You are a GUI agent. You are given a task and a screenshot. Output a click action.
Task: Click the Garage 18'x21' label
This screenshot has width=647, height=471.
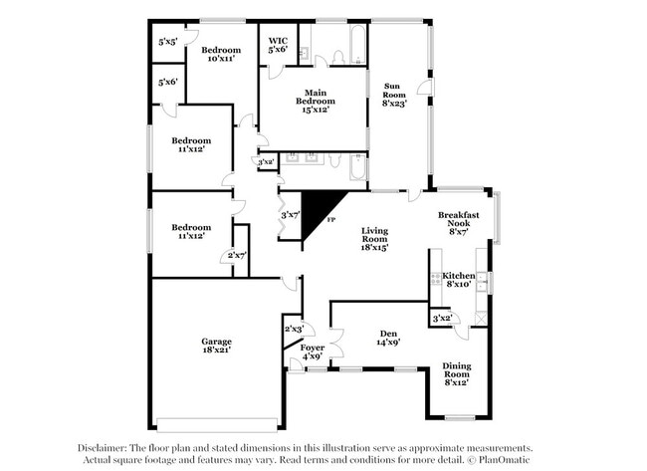pos(216,346)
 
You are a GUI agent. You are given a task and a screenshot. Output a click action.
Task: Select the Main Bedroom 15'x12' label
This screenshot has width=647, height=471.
pos(316,102)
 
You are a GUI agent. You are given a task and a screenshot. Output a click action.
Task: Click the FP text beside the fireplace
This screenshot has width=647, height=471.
pos(330,220)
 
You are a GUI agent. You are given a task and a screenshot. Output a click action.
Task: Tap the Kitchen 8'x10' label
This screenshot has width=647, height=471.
pos(459,280)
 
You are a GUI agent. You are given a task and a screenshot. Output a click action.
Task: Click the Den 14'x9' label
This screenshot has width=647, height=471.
pos(388,338)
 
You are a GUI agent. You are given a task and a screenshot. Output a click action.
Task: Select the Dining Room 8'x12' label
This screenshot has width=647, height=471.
pos(457,374)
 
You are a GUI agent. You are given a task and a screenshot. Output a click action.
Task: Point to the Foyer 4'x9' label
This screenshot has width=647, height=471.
pos(313,352)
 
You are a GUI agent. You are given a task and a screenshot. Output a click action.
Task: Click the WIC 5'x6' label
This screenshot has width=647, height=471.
pos(278,45)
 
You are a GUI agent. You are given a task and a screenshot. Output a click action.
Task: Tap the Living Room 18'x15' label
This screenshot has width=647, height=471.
pos(374,239)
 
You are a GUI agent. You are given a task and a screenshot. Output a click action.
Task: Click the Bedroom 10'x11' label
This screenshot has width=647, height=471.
pos(221,54)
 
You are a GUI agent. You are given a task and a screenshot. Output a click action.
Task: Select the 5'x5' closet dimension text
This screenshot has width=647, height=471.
pos(168,42)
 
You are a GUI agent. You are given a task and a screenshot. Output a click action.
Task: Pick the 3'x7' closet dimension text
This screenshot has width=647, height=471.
pos(291,215)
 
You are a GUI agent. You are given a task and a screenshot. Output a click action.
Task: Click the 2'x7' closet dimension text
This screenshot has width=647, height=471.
pos(237,256)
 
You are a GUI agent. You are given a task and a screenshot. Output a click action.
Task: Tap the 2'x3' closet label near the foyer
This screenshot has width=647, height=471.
pos(295,329)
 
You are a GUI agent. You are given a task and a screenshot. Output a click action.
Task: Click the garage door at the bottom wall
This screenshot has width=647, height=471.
pos(217,425)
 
